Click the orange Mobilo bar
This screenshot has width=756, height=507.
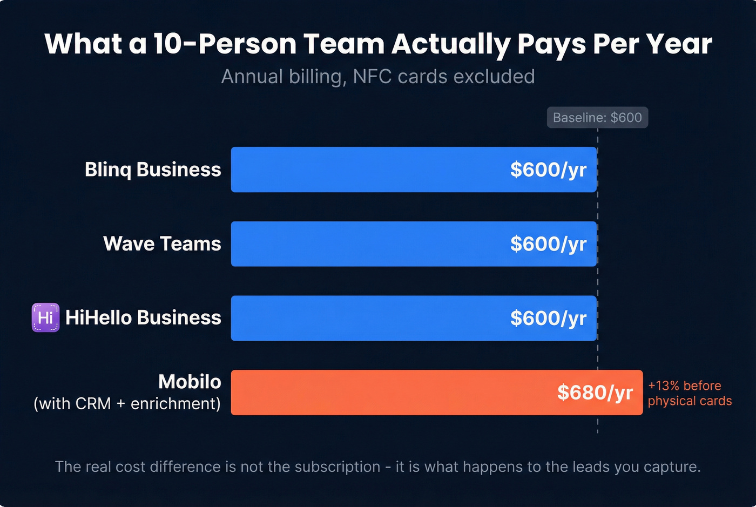(x=389, y=393)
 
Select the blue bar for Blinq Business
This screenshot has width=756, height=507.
(x=367, y=170)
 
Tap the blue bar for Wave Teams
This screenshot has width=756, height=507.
(x=367, y=244)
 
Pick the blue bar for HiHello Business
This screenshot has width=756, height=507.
(x=367, y=318)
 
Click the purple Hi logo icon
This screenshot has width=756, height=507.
(x=45, y=317)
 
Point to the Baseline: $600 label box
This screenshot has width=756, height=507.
(x=597, y=118)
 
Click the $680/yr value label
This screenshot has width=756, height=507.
(x=595, y=393)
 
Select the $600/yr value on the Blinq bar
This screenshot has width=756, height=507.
(x=548, y=170)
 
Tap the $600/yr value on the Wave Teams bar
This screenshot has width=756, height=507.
(x=548, y=244)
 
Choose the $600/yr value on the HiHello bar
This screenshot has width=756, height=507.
(x=548, y=318)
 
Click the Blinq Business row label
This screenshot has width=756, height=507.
(x=153, y=170)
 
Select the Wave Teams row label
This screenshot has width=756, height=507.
(x=162, y=244)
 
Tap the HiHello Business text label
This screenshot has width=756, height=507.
(x=143, y=318)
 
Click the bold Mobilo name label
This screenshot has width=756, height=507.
(x=190, y=382)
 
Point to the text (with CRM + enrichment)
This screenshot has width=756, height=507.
(x=127, y=403)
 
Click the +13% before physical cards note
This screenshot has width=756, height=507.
(x=690, y=393)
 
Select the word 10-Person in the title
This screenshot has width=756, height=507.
(x=225, y=44)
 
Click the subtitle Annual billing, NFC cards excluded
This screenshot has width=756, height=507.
(x=378, y=77)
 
